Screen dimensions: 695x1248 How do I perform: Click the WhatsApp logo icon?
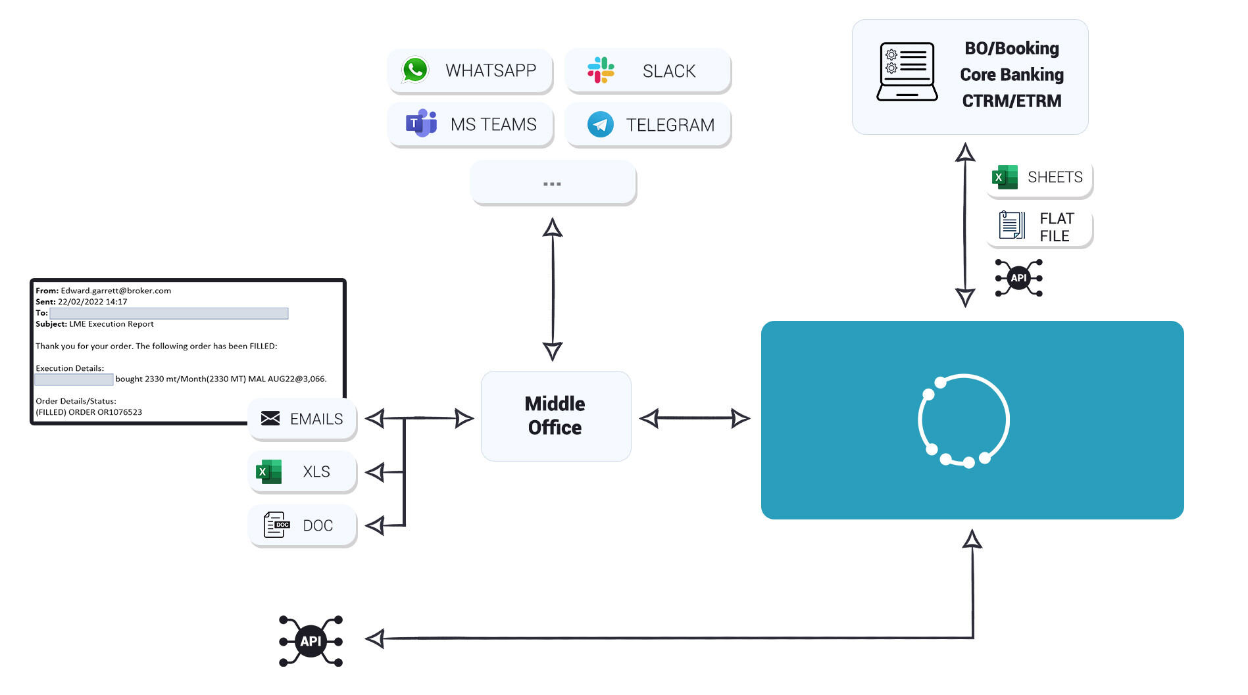point(415,70)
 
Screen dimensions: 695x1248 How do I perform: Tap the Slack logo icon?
point(601,70)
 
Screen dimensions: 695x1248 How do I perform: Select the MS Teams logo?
point(421,124)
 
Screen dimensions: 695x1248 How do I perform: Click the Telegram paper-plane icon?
point(600,124)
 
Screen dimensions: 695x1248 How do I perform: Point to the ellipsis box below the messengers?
point(553,183)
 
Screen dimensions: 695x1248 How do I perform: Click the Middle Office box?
point(556,416)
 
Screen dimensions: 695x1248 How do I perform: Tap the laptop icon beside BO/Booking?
point(907,72)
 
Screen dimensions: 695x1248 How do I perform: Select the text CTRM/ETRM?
point(1011,101)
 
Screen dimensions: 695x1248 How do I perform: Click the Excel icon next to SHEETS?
point(1005,177)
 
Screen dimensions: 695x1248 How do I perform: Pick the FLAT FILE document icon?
point(1011,225)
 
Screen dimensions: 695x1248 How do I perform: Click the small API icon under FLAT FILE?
point(1018,278)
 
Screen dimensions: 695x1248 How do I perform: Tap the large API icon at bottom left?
point(311,641)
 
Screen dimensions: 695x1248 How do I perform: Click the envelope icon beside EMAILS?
point(270,419)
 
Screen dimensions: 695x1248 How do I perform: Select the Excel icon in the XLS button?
point(268,471)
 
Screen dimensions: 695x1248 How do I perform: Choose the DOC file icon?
point(276,525)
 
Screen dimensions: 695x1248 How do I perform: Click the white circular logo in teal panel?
point(963,421)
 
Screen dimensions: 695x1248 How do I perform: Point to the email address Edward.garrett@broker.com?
point(116,291)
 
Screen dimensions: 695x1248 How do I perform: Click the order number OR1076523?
point(119,412)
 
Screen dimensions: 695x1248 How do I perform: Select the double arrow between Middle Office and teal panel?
point(695,418)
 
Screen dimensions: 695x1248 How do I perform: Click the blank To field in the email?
point(169,313)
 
